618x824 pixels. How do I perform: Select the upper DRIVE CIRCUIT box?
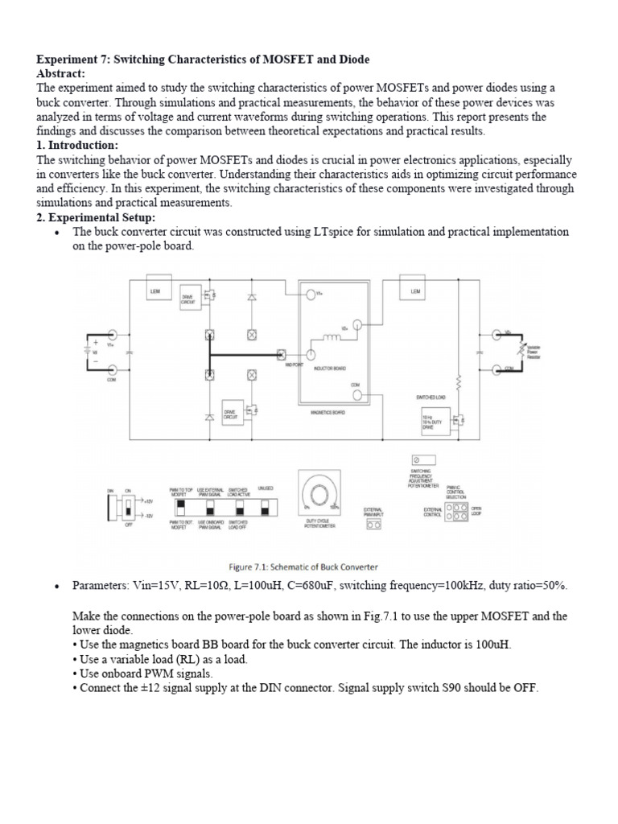tap(189, 297)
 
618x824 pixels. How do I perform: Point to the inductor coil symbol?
tap(333, 337)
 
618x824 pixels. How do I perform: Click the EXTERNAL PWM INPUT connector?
tap(373, 524)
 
